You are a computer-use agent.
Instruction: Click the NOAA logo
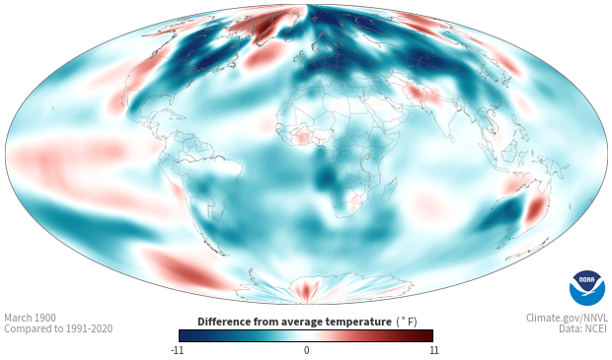pyautogui.click(x=587, y=288)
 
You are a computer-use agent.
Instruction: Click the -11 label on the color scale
pyautogui.click(x=177, y=350)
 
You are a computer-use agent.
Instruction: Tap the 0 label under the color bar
pyautogui.click(x=306, y=350)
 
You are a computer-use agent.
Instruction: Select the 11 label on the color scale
pyautogui.click(x=434, y=350)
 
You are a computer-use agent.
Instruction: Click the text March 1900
pyautogui.click(x=30, y=318)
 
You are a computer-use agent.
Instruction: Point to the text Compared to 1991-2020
pyautogui.click(x=58, y=328)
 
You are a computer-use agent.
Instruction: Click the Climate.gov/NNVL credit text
pyautogui.click(x=567, y=318)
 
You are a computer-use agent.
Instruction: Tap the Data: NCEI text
pyautogui.click(x=583, y=328)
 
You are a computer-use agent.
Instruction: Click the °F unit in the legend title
pyautogui.click(x=407, y=322)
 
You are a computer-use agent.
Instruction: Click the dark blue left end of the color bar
pyautogui.click(x=186, y=335)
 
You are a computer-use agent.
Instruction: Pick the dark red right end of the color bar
pyautogui.click(x=426, y=335)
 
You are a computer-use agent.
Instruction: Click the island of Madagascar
pyautogui.click(x=389, y=190)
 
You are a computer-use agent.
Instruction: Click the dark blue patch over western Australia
pyautogui.click(x=503, y=214)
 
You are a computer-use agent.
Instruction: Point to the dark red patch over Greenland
pyautogui.click(x=261, y=27)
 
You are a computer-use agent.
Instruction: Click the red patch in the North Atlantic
pyautogui.click(x=265, y=55)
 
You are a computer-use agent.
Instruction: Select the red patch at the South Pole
pyautogui.click(x=306, y=290)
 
